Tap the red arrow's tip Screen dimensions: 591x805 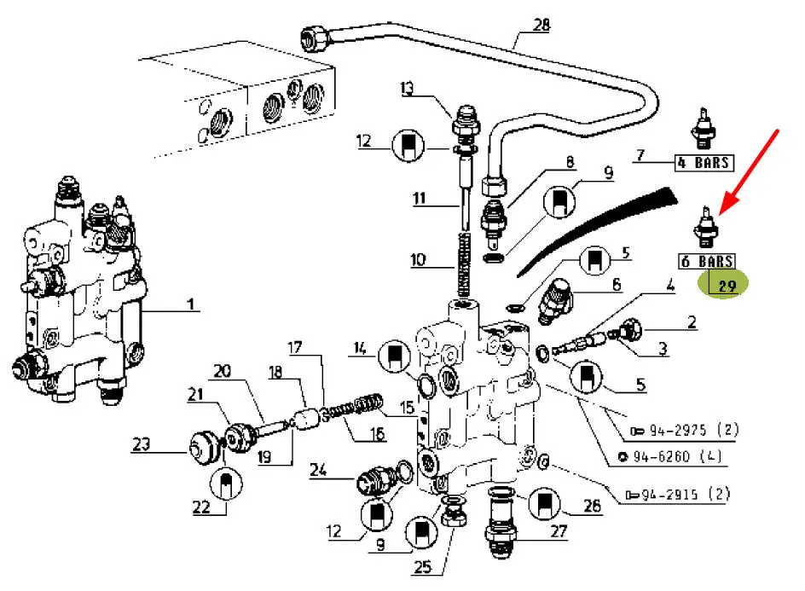pos(721,212)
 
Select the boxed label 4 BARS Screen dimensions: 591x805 pos(704,161)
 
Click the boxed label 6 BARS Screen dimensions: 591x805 pos(706,261)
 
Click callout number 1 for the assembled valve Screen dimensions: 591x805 pos(191,304)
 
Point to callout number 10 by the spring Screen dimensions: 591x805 pos(417,258)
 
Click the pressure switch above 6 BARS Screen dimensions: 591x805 pos(706,228)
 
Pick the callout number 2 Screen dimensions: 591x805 pos(691,322)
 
